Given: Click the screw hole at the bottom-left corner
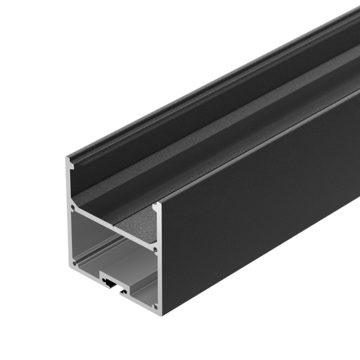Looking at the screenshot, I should point(75,262).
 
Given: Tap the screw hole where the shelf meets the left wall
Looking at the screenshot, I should point(73,209).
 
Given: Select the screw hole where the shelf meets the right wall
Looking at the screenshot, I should point(155,245).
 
